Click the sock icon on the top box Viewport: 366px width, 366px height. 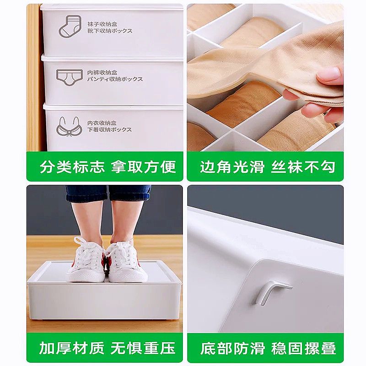pos(70,27)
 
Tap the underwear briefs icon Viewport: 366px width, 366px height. pos(70,77)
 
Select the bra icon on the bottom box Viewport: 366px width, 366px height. pos(70,126)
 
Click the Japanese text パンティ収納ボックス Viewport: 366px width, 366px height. pos(115,79)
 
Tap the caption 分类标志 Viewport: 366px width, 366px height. pos(72,167)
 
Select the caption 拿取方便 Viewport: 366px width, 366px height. pos(143,167)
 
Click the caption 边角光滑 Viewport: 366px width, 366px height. pos(232,167)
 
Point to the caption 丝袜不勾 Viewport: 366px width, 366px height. pos(303,167)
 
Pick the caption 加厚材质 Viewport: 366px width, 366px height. pos(72,348)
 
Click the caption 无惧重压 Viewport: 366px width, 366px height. pos(143,348)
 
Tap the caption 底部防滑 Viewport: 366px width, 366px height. pos(232,348)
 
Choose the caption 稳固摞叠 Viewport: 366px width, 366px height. pos(303,348)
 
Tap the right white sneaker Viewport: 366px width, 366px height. pos(127,261)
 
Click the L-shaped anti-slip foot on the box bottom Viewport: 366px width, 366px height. pos(271,292)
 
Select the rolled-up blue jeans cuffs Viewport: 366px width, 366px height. pos(108,193)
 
